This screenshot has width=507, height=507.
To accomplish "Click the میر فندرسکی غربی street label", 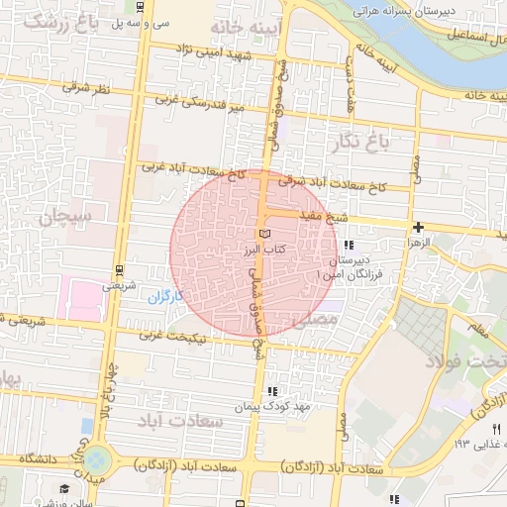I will (x=205, y=102).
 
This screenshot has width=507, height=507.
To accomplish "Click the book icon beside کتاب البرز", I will (x=262, y=234).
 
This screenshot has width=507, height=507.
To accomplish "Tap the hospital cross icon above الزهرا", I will (x=418, y=227).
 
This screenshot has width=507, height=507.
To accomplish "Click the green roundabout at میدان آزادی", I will (x=96, y=459).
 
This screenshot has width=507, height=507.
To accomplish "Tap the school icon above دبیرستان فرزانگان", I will (x=347, y=245).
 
